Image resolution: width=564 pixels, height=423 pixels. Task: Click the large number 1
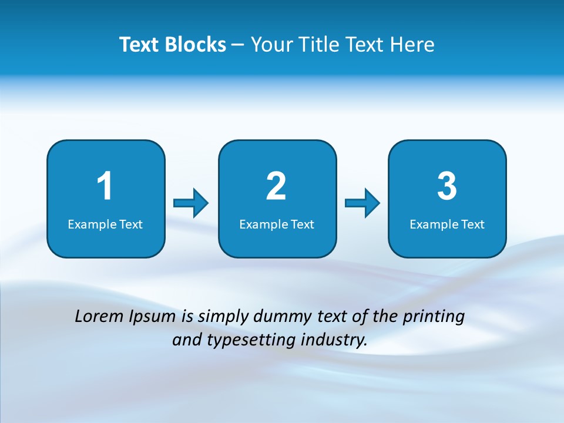[105, 186]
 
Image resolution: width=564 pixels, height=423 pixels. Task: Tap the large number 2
[276, 186]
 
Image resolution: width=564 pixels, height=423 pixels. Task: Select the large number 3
[447, 186]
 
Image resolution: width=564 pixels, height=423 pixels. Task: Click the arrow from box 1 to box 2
[191, 203]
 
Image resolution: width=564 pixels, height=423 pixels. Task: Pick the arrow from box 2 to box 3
[362, 203]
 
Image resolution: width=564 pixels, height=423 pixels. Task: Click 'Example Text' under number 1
[105, 224]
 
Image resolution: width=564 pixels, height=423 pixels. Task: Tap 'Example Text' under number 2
[277, 224]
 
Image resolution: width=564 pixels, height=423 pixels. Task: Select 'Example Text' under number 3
[447, 224]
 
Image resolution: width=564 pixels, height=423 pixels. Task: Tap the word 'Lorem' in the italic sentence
[100, 317]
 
